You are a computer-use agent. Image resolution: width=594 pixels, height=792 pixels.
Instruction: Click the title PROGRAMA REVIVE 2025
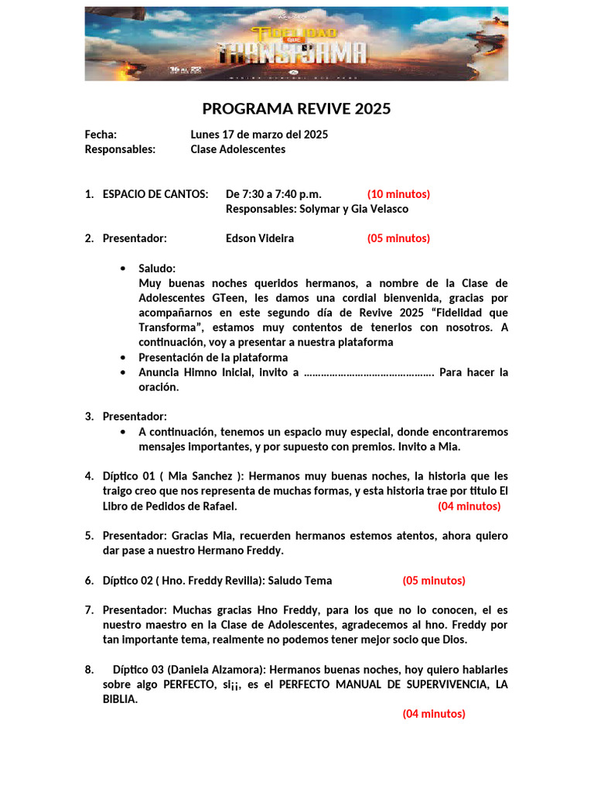pyautogui.click(x=296, y=109)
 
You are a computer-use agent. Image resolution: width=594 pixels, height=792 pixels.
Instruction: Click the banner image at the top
pyautogui.click(x=296, y=44)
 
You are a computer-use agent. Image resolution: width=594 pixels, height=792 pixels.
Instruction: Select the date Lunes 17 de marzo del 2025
pyautogui.click(x=259, y=135)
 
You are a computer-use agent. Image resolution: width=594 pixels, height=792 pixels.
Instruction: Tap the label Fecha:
pyautogui.click(x=101, y=135)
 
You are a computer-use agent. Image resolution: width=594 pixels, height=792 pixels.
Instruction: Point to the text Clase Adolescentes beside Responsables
pyautogui.click(x=237, y=149)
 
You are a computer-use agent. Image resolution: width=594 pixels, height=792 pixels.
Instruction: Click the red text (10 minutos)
pyautogui.click(x=398, y=194)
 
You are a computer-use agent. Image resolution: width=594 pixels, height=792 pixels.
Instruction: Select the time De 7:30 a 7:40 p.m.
pyautogui.click(x=274, y=194)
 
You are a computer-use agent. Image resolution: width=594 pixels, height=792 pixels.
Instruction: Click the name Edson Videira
pyautogui.click(x=259, y=238)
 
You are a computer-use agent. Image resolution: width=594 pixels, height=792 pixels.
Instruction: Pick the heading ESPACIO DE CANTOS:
pyautogui.click(x=155, y=194)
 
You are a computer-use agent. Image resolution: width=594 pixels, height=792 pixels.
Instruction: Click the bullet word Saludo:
pyautogui.click(x=157, y=268)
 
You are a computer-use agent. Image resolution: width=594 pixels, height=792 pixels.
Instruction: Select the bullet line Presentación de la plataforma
pyautogui.click(x=213, y=357)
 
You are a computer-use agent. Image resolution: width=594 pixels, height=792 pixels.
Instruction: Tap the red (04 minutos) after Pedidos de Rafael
pyautogui.click(x=469, y=507)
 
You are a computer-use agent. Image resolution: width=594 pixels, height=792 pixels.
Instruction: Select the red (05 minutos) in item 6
pyautogui.click(x=433, y=581)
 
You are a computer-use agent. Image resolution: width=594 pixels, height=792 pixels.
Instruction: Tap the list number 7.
pyautogui.click(x=89, y=610)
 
